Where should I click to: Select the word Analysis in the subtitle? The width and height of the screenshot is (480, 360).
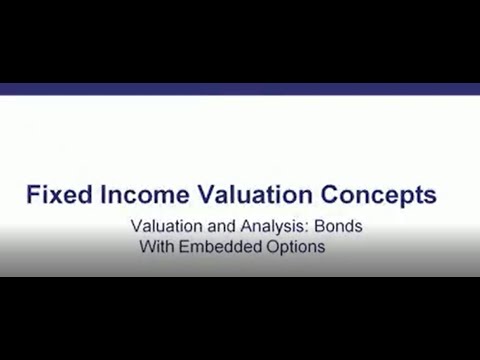pos(265,227)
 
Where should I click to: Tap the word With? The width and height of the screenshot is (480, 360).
pos(156,247)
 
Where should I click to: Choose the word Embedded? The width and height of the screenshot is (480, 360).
pos(220,247)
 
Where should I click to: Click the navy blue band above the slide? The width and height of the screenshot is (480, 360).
pos(240,89)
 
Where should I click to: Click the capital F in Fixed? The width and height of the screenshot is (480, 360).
pos(32,194)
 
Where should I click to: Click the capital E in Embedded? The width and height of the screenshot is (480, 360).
pos(184,247)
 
